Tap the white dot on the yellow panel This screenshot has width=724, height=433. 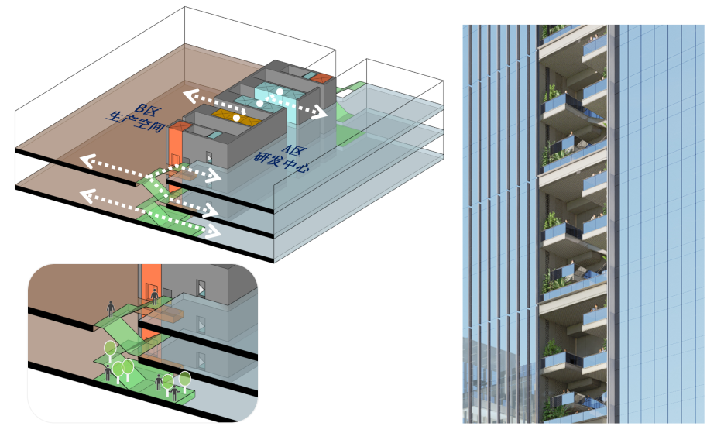click(237, 119)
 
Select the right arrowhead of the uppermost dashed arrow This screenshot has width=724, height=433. click(320, 114)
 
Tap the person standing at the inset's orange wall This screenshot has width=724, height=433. click(156, 295)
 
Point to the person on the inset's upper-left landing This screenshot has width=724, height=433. click(112, 308)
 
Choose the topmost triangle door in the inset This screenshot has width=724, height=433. click(202, 290)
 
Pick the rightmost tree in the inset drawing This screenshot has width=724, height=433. click(185, 379)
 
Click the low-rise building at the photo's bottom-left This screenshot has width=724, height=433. click(496, 380)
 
